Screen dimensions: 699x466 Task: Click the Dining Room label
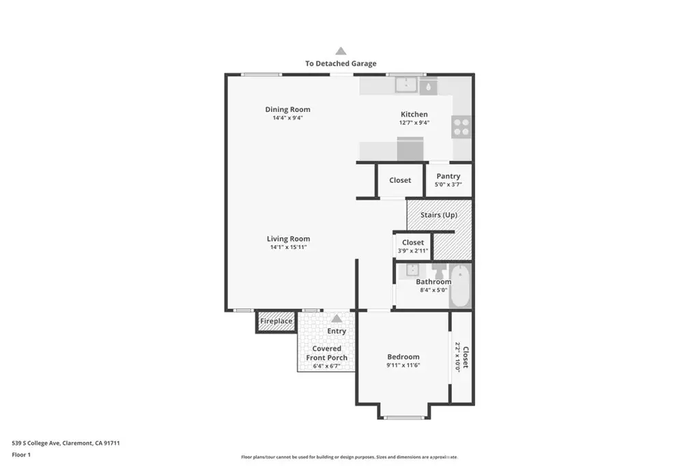coord(287,109)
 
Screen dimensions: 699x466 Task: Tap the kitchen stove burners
coord(461,127)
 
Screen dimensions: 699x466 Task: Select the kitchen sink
coord(406,85)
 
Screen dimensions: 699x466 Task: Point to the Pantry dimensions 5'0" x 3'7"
coord(448,184)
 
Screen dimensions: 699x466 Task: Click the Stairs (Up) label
coord(439,215)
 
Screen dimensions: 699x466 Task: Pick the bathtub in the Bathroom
coord(460,286)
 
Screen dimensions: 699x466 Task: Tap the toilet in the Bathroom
coord(440,270)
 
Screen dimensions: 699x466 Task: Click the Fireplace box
coord(276,321)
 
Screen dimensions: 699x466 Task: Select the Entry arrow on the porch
coord(337,318)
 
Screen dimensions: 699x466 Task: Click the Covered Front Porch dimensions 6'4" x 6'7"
coord(326,366)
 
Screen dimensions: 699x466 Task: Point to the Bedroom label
coord(403,356)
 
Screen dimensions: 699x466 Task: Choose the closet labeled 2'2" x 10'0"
coord(461,357)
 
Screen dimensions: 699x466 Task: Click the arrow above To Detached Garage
coord(341,50)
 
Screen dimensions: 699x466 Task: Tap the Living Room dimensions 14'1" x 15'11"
coord(289,247)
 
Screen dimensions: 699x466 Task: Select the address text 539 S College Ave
coord(36,443)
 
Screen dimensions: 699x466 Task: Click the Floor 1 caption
coord(21,455)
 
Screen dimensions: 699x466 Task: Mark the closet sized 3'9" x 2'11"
coord(413,246)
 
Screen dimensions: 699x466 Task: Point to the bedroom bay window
coord(404,418)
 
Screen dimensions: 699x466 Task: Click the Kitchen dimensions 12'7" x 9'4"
coord(414,123)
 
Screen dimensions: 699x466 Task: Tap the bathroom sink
coord(412,270)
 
